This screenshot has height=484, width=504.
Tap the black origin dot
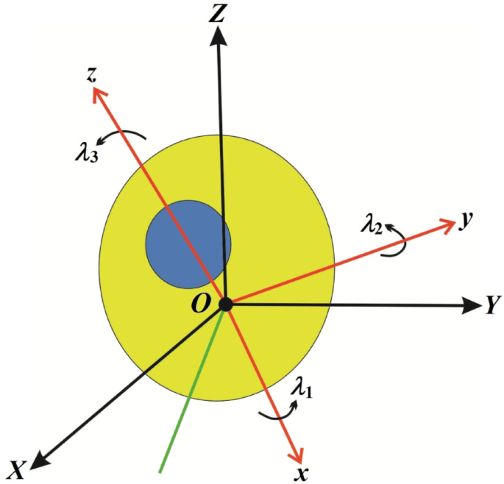click(x=225, y=305)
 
